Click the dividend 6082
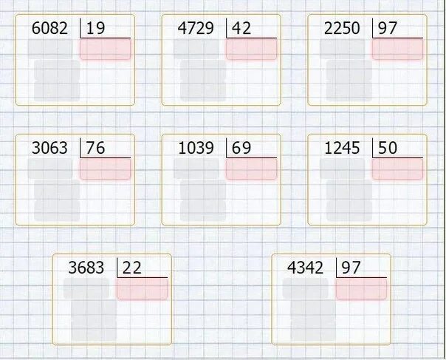(x=50, y=29)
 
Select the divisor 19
(x=95, y=29)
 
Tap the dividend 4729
(x=196, y=29)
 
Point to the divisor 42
(x=241, y=29)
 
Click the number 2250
(x=343, y=29)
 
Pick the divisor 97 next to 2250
(x=388, y=29)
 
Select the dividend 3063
(x=50, y=148)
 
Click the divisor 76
(x=95, y=148)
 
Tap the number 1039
(x=196, y=148)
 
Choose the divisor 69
(x=241, y=148)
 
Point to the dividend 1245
(x=343, y=148)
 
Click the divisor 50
(x=388, y=148)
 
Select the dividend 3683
(x=86, y=268)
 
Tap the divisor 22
(x=131, y=268)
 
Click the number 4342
(x=306, y=268)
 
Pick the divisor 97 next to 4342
(x=351, y=268)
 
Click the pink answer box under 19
(x=105, y=50)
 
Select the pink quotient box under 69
(x=251, y=169)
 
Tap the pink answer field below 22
(x=142, y=289)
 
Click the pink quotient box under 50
(x=397, y=169)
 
